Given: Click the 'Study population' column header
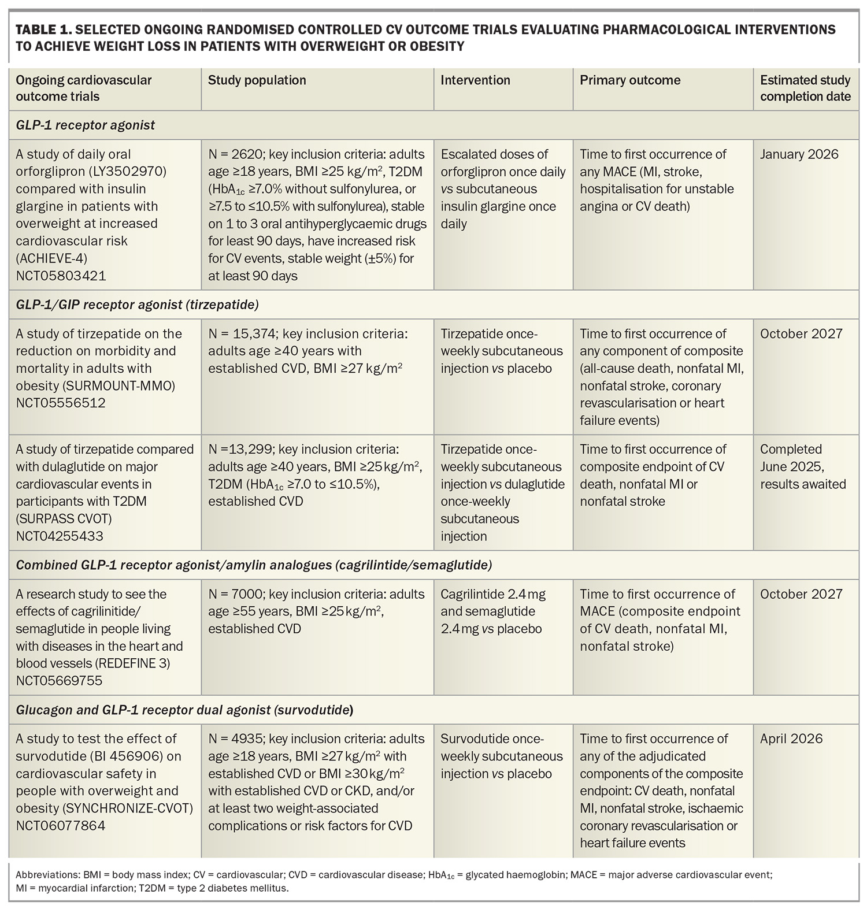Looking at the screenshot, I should pos(257,80).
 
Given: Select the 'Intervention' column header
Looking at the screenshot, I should pos(475,80).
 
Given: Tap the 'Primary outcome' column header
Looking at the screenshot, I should pos(630,80).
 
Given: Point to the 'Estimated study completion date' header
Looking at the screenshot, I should pos(805,88).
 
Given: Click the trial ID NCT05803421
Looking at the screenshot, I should pos(61,276).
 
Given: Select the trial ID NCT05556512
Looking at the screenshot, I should pos(61,403).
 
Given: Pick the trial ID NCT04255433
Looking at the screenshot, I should pos(60,536).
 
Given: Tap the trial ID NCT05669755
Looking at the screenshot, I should pos(59,680).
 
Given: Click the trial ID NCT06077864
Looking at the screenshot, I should pos(61,825).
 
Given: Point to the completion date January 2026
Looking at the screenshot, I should pos(799,154).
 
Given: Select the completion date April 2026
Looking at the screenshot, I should pos(791,739).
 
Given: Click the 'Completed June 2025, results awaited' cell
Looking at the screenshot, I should pos(802,466).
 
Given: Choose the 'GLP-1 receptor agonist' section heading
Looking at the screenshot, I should pos(86,125).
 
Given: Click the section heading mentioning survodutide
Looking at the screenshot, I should pos(184,709).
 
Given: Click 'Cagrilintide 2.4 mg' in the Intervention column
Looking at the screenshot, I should pos(492,594).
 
